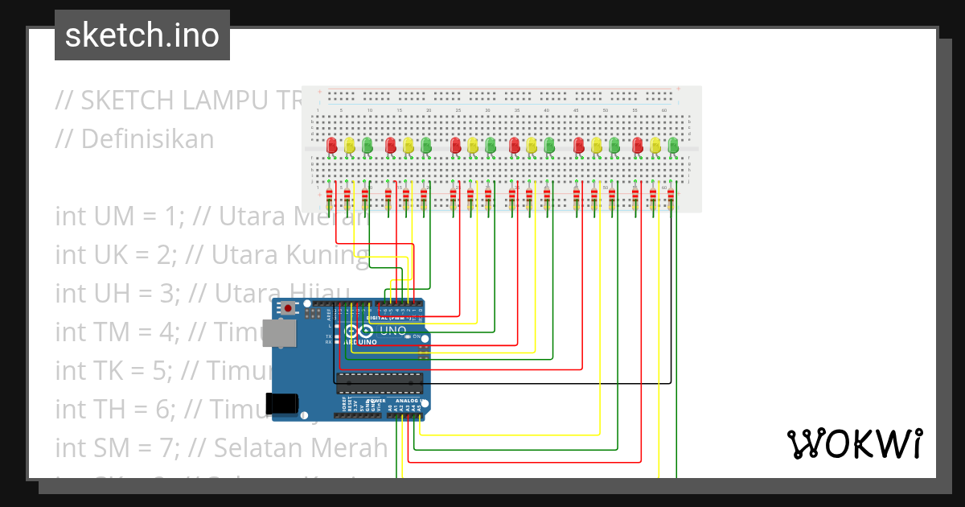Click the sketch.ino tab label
click(x=142, y=35)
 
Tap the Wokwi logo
click(x=854, y=443)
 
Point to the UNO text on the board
click(x=393, y=331)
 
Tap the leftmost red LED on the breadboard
click(x=331, y=146)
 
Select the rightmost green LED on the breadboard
click(x=673, y=146)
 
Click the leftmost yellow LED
click(x=349, y=146)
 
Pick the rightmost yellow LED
click(x=655, y=146)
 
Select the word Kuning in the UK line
click(x=329, y=255)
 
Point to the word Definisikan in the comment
click(x=147, y=139)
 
